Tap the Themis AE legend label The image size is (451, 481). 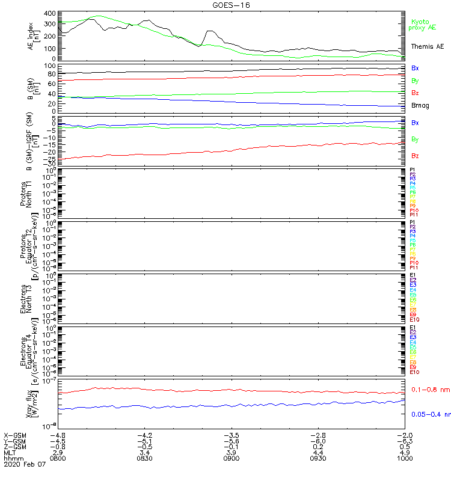coord(427,46)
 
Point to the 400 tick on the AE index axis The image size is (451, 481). coord(49,13)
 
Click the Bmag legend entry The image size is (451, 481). coord(420,105)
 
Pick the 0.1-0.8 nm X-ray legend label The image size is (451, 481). coord(430,390)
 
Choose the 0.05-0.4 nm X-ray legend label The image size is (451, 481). coord(430,414)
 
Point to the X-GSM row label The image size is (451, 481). coord(15,435)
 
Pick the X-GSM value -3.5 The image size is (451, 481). coord(232,435)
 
